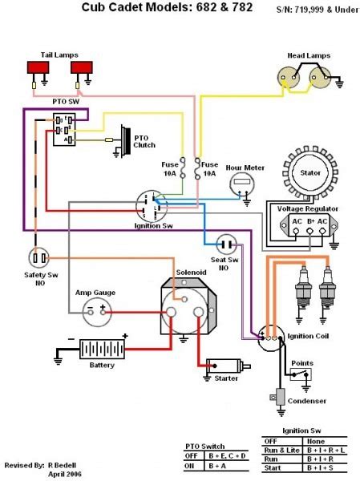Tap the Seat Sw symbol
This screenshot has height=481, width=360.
tap(227, 243)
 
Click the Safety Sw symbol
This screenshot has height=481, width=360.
tap(39, 257)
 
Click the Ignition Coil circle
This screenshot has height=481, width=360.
tap(271, 338)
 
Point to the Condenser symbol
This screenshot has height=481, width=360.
tap(280, 398)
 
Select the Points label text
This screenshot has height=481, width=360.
tap(301, 363)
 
